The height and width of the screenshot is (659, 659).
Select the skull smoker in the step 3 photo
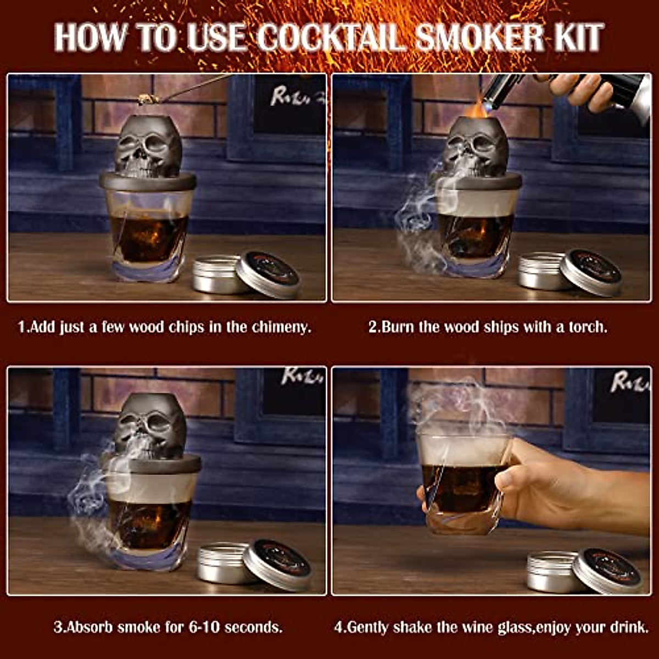tap(150, 426)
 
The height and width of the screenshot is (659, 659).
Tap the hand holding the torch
tap(582, 91)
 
